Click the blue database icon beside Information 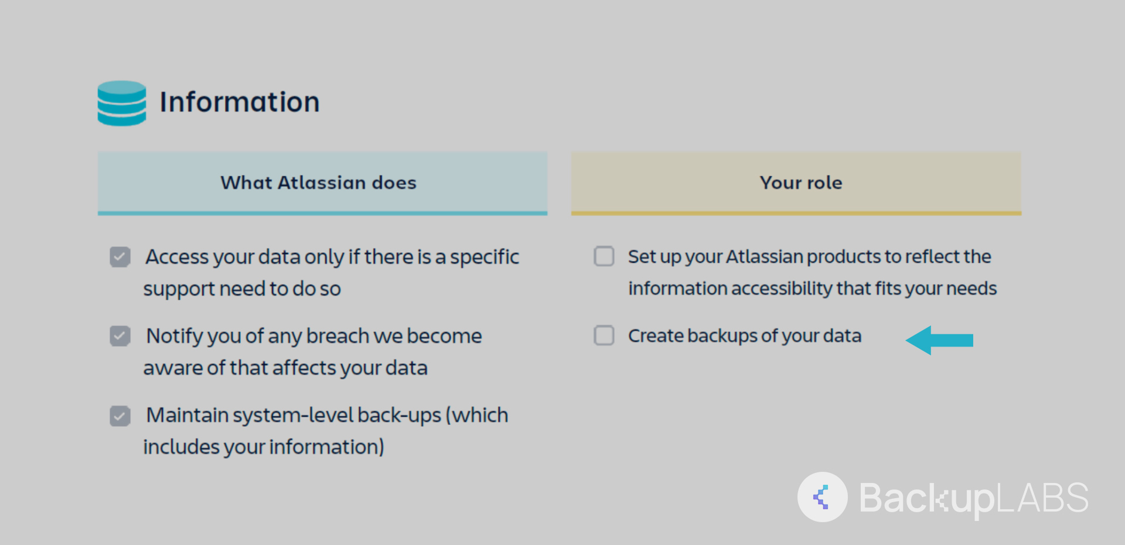click(x=122, y=103)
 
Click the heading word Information click(x=240, y=102)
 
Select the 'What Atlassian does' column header click(x=322, y=183)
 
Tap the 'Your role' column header click(x=796, y=183)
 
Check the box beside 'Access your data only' click(x=120, y=256)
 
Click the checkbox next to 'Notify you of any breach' click(x=120, y=335)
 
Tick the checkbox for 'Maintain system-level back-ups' click(x=120, y=416)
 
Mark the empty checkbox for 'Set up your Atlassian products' click(x=604, y=256)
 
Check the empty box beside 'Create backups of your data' click(x=604, y=335)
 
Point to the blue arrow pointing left click(x=939, y=340)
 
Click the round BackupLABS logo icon click(x=822, y=497)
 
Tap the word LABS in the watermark click(x=1042, y=498)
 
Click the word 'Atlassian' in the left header click(x=322, y=183)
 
